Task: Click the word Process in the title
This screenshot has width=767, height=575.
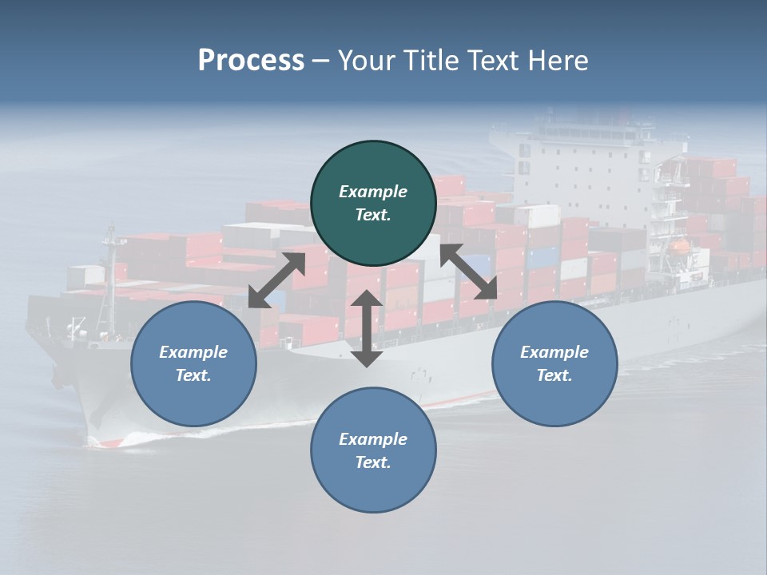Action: pos(251,61)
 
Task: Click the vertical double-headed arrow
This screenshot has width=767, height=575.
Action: pos(367,328)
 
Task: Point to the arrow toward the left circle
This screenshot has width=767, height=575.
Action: pos(276,280)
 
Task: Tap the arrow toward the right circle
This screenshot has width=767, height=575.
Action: pos(469,272)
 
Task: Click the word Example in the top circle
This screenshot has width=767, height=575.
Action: pos(373,192)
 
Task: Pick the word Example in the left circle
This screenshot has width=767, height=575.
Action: pos(193,352)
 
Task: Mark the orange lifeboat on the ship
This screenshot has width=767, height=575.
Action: pos(680,247)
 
